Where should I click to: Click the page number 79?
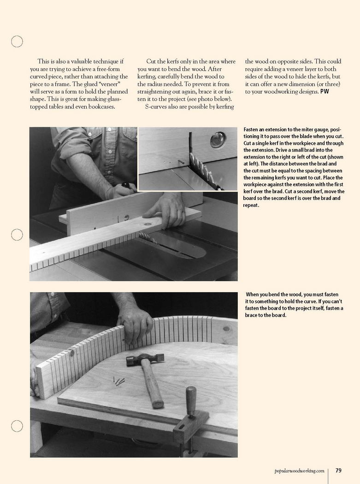(338, 471)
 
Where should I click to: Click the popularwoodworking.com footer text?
(299, 471)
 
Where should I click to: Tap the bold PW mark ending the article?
(325, 91)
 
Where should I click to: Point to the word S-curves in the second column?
(158, 107)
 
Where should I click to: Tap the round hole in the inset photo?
(218, 140)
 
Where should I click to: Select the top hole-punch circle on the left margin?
(17, 41)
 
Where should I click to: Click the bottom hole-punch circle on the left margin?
(17, 426)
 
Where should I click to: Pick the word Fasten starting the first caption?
(251, 130)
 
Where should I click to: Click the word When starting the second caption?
(254, 295)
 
